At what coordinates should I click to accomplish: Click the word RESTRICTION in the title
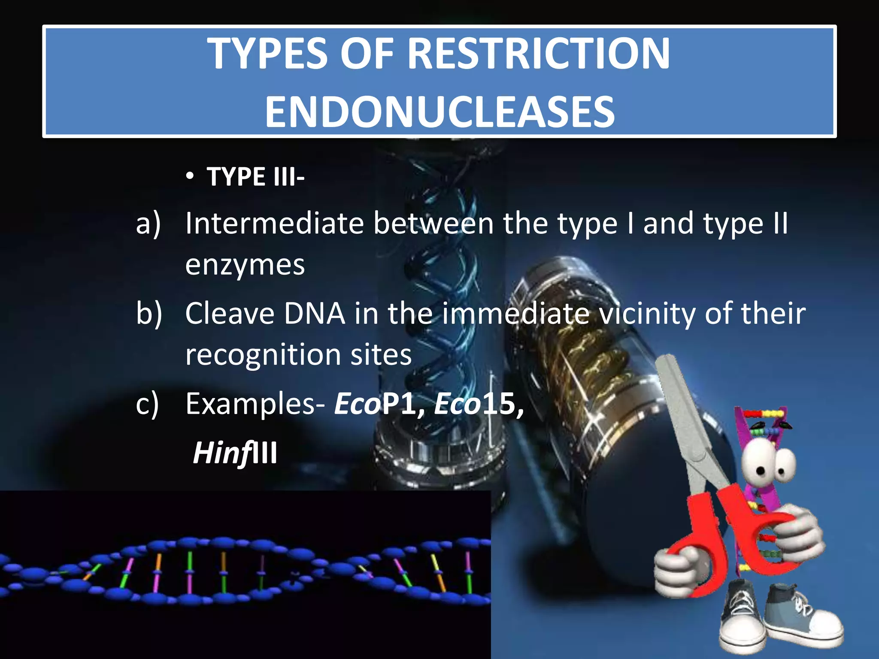click(x=538, y=54)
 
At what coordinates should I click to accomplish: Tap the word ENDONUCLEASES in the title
click(x=439, y=112)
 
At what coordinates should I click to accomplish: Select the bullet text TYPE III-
click(x=255, y=177)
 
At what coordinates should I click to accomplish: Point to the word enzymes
click(x=245, y=265)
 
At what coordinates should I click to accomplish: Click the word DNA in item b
click(x=314, y=313)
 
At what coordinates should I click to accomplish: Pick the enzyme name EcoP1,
click(x=379, y=404)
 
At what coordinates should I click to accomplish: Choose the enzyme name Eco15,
click(x=479, y=404)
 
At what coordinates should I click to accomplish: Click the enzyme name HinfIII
click(x=235, y=453)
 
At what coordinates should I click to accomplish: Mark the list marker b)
click(x=149, y=313)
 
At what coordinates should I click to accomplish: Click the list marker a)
click(x=148, y=224)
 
